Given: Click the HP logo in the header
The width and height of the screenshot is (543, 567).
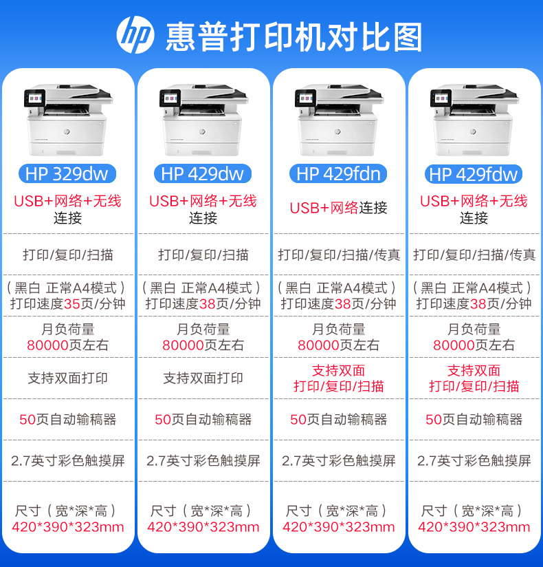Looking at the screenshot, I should coord(135,34).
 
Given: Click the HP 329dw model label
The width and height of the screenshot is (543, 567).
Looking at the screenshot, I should coord(67,174).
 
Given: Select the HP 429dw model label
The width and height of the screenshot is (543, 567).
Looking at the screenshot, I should coord(202,174).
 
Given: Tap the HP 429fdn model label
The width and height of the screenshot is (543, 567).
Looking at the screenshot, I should coord(338,174).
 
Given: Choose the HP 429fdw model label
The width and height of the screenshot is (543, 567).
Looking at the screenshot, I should coord(474,174).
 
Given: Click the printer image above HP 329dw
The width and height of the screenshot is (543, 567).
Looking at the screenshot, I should coord(67,120).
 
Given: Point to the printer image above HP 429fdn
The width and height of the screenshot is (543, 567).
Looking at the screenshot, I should coord(338,120).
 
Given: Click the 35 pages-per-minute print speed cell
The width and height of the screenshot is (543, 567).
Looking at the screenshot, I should coord(67,296).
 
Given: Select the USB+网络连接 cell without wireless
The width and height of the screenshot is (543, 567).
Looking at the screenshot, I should coord(338,208).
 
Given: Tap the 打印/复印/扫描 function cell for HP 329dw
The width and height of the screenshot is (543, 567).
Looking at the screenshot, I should coord(67,255).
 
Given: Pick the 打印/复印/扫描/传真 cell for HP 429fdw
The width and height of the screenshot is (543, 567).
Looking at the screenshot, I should coord(474,255).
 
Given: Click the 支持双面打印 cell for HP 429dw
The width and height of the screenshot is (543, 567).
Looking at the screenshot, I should coord(203,378).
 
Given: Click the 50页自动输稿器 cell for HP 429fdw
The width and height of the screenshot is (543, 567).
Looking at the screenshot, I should coord(474,419).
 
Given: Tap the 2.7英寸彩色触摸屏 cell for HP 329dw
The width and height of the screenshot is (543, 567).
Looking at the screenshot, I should coord(67,460).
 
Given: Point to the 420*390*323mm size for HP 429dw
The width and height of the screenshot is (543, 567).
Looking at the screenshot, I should coord(203,528).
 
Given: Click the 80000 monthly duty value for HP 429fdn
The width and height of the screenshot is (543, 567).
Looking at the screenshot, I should coord(320,345).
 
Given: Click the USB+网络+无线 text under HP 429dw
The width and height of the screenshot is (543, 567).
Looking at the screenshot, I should coord(203,201).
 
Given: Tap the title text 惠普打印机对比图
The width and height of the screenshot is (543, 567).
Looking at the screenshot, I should coord(294,36).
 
